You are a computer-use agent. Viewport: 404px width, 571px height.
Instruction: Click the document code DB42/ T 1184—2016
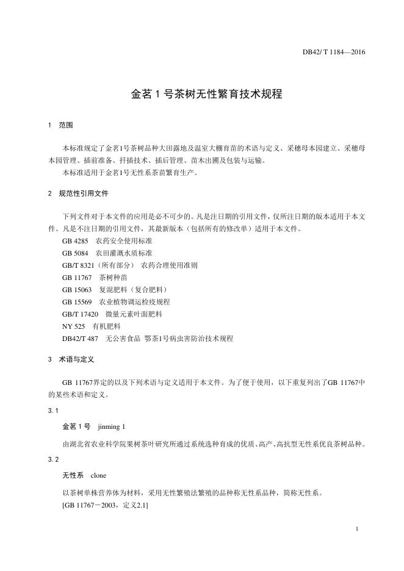pos(334,52)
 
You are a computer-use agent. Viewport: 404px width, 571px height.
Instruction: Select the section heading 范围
pos(66,125)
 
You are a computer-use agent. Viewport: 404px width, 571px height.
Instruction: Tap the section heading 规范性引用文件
pos(84,194)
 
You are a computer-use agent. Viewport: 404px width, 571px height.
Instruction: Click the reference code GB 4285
pos(76,241)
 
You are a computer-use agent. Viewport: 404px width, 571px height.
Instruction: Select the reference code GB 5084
pos(76,253)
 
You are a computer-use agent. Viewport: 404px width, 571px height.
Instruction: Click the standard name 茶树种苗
pos(113,278)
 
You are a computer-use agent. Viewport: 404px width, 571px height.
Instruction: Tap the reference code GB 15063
pos(78,290)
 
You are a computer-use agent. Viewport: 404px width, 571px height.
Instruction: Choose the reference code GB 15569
pos(78,302)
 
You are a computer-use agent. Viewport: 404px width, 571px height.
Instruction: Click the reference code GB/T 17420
pos(81,314)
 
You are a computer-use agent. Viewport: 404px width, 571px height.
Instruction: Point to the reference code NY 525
pos(73,326)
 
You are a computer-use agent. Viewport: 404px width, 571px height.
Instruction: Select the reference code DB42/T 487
pos(81,339)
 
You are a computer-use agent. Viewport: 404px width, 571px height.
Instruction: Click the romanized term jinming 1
pos(111,426)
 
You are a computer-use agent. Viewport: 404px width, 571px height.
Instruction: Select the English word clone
pos(99,475)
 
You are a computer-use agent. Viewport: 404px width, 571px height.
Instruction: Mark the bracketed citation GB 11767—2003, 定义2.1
pos(105,506)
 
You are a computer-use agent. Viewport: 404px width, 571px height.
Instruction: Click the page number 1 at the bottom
pos(356,529)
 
